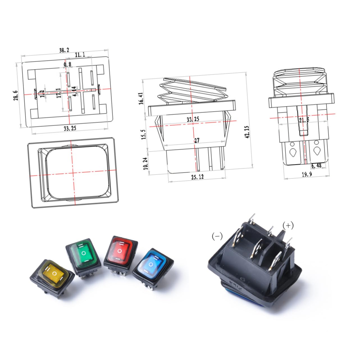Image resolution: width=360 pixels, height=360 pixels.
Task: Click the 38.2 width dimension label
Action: (64, 50)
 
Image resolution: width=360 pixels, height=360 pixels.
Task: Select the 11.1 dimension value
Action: (80, 55)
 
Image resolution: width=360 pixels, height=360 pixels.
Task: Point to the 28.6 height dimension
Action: (17, 95)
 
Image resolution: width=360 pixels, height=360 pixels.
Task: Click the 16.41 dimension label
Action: (141, 98)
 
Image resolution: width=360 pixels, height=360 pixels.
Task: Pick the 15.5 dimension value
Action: (144, 135)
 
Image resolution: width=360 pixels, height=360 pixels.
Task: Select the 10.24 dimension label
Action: (145, 163)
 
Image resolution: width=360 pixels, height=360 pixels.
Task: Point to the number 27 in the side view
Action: (197, 140)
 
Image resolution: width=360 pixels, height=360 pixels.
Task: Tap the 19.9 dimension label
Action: (306, 174)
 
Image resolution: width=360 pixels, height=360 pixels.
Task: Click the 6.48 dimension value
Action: (316, 165)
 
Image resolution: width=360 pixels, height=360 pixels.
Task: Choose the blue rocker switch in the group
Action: (152, 265)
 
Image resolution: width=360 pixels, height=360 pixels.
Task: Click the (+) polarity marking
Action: (288, 225)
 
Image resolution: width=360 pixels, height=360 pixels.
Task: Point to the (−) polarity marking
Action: (217, 236)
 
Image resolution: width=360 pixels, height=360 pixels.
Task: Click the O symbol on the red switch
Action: (120, 250)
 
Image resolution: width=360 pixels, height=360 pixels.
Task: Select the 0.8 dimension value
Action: (68, 65)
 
